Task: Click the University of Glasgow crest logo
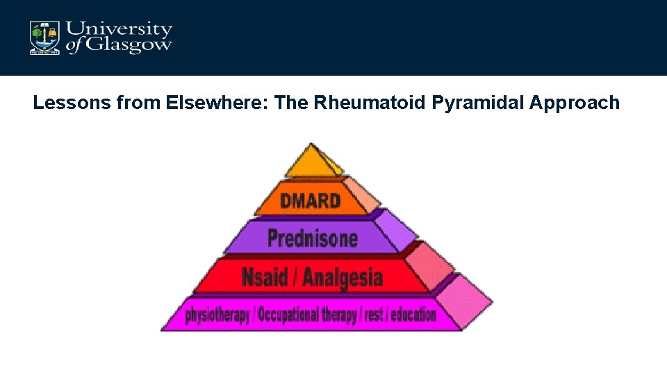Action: coord(44,37)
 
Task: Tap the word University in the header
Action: coord(120,30)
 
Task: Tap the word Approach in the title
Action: coord(575,103)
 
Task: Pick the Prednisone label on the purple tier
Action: coord(313,239)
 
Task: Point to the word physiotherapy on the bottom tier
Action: coord(217,315)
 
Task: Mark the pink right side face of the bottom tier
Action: coord(467,301)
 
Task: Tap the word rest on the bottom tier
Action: coord(374,315)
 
